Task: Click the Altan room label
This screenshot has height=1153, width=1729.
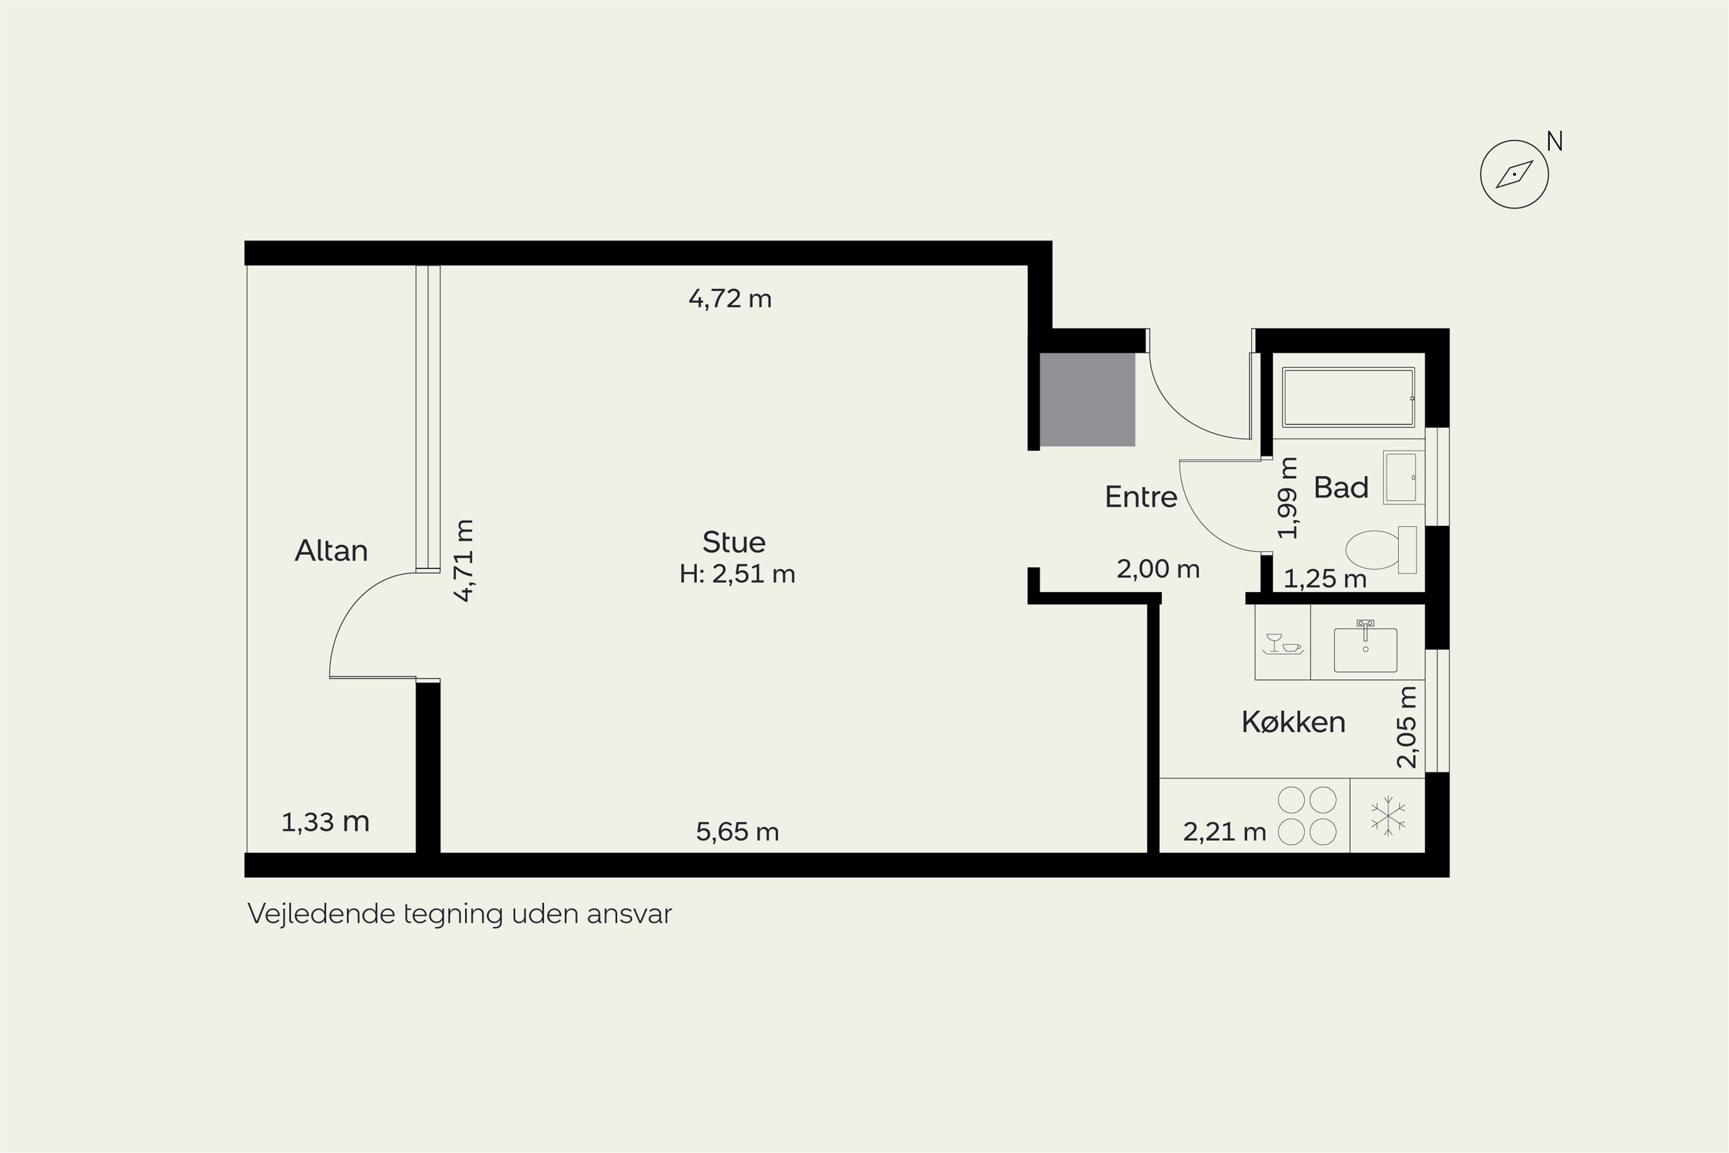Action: pos(331,551)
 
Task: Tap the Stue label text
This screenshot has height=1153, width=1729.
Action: pos(734,542)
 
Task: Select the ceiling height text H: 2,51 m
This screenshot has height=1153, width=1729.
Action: pos(737,574)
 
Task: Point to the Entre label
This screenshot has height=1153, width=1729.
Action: pos(1141,497)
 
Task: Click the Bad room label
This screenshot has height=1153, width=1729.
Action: pos(1341,488)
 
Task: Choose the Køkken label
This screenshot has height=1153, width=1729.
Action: pos(1293,722)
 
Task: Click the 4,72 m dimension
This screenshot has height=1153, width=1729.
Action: pos(730,299)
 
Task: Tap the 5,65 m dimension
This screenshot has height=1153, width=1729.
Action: pos(737,832)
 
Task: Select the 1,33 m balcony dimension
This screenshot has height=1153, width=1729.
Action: pos(325,822)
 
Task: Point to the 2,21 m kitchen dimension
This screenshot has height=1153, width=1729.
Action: pos(1225,832)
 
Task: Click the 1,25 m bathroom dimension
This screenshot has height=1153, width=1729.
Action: pos(1324,579)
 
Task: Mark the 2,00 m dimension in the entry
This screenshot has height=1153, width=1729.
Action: pos(1158,568)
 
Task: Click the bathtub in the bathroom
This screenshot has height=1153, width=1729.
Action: pos(1348,397)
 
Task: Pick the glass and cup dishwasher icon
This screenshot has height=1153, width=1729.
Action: pos(1282,643)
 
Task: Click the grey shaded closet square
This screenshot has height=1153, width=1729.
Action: pos(1087,400)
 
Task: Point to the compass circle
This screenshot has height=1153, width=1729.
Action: pos(1515,174)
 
